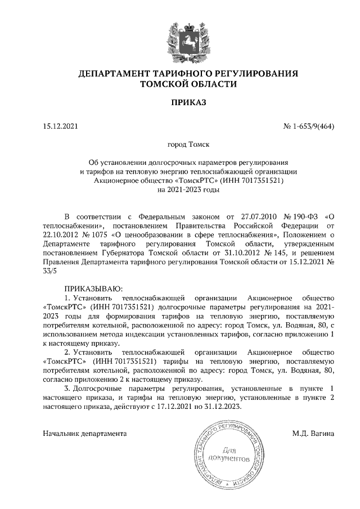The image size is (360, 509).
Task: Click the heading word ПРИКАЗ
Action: click(x=181, y=103)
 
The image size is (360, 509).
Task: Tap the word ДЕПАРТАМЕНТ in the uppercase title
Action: click(x=111, y=73)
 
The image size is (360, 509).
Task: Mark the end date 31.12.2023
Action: click(x=220, y=407)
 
